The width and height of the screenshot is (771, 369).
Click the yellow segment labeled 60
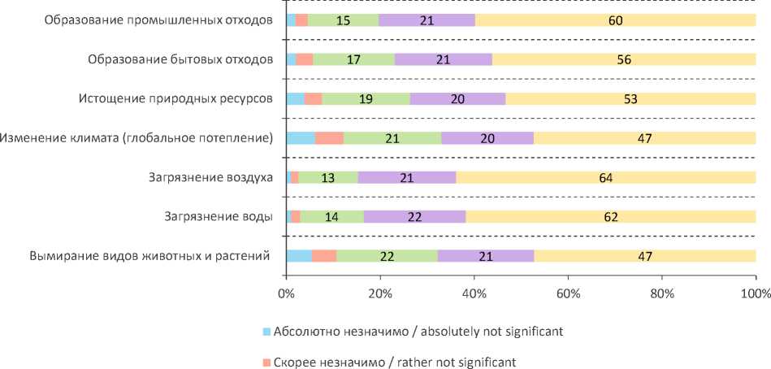615,20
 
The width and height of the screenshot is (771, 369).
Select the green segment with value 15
343,20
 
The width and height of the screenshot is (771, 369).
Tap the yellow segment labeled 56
624,59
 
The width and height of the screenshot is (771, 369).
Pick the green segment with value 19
366,99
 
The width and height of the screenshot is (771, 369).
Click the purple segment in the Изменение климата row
487,138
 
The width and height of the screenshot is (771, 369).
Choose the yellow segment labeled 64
605,178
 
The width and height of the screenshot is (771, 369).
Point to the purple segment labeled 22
414,216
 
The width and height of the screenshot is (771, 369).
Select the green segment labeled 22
387,256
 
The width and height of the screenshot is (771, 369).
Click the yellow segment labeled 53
630,99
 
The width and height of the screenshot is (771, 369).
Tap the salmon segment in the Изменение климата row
329,138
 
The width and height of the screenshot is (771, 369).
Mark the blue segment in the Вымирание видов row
299,256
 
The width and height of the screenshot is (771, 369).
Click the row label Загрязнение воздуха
210,178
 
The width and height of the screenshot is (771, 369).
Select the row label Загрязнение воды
218,217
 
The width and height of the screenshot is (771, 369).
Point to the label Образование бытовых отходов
180,59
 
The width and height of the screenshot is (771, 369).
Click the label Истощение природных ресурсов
175,99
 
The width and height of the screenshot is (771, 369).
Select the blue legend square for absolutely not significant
266,332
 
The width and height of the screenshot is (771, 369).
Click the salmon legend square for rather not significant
266,362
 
